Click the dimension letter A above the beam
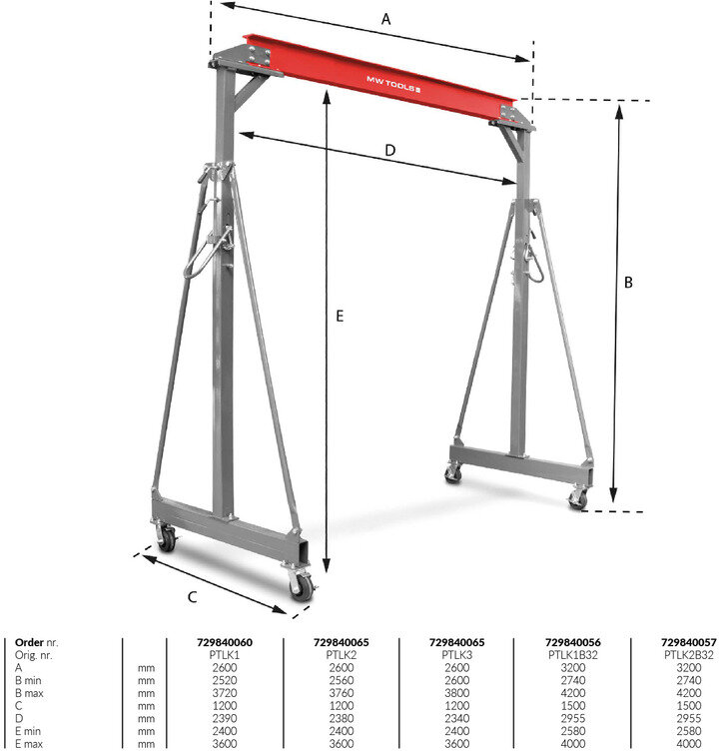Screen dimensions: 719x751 [x=385, y=20]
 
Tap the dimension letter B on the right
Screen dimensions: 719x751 [x=628, y=282]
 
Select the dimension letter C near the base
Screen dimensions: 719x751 [x=192, y=597]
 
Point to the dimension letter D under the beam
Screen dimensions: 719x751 [x=390, y=151]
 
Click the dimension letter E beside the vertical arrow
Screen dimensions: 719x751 [x=340, y=316]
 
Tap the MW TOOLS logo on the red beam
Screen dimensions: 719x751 [x=393, y=84]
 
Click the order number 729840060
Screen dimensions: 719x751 [x=224, y=642]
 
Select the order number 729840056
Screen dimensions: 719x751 [x=572, y=642]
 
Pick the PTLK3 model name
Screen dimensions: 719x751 [x=456, y=655]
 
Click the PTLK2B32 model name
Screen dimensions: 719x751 [x=688, y=655]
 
